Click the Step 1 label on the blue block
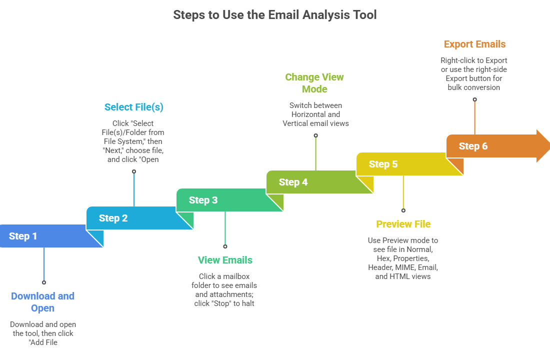click(x=23, y=236)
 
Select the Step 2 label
click(x=113, y=218)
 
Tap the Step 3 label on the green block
click(x=203, y=200)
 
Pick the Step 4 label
click(x=293, y=182)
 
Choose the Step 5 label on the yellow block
click(x=383, y=164)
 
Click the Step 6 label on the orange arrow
click(x=473, y=146)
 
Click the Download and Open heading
click(x=42, y=302)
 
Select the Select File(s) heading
click(x=133, y=107)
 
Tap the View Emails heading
click(x=225, y=260)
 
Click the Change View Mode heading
click(x=314, y=83)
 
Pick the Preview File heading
click(x=403, y=224)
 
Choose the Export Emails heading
click(x=474, y=44)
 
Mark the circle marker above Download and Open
click(x=44, y=282)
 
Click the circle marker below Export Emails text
click(x=474, y=99)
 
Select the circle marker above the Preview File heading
click(x=403, y=210)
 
